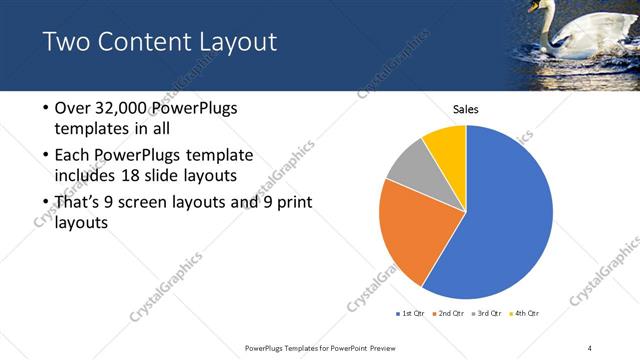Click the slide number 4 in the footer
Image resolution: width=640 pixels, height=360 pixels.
click(591, 347)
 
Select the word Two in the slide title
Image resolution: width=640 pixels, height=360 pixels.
click(65, 42)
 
